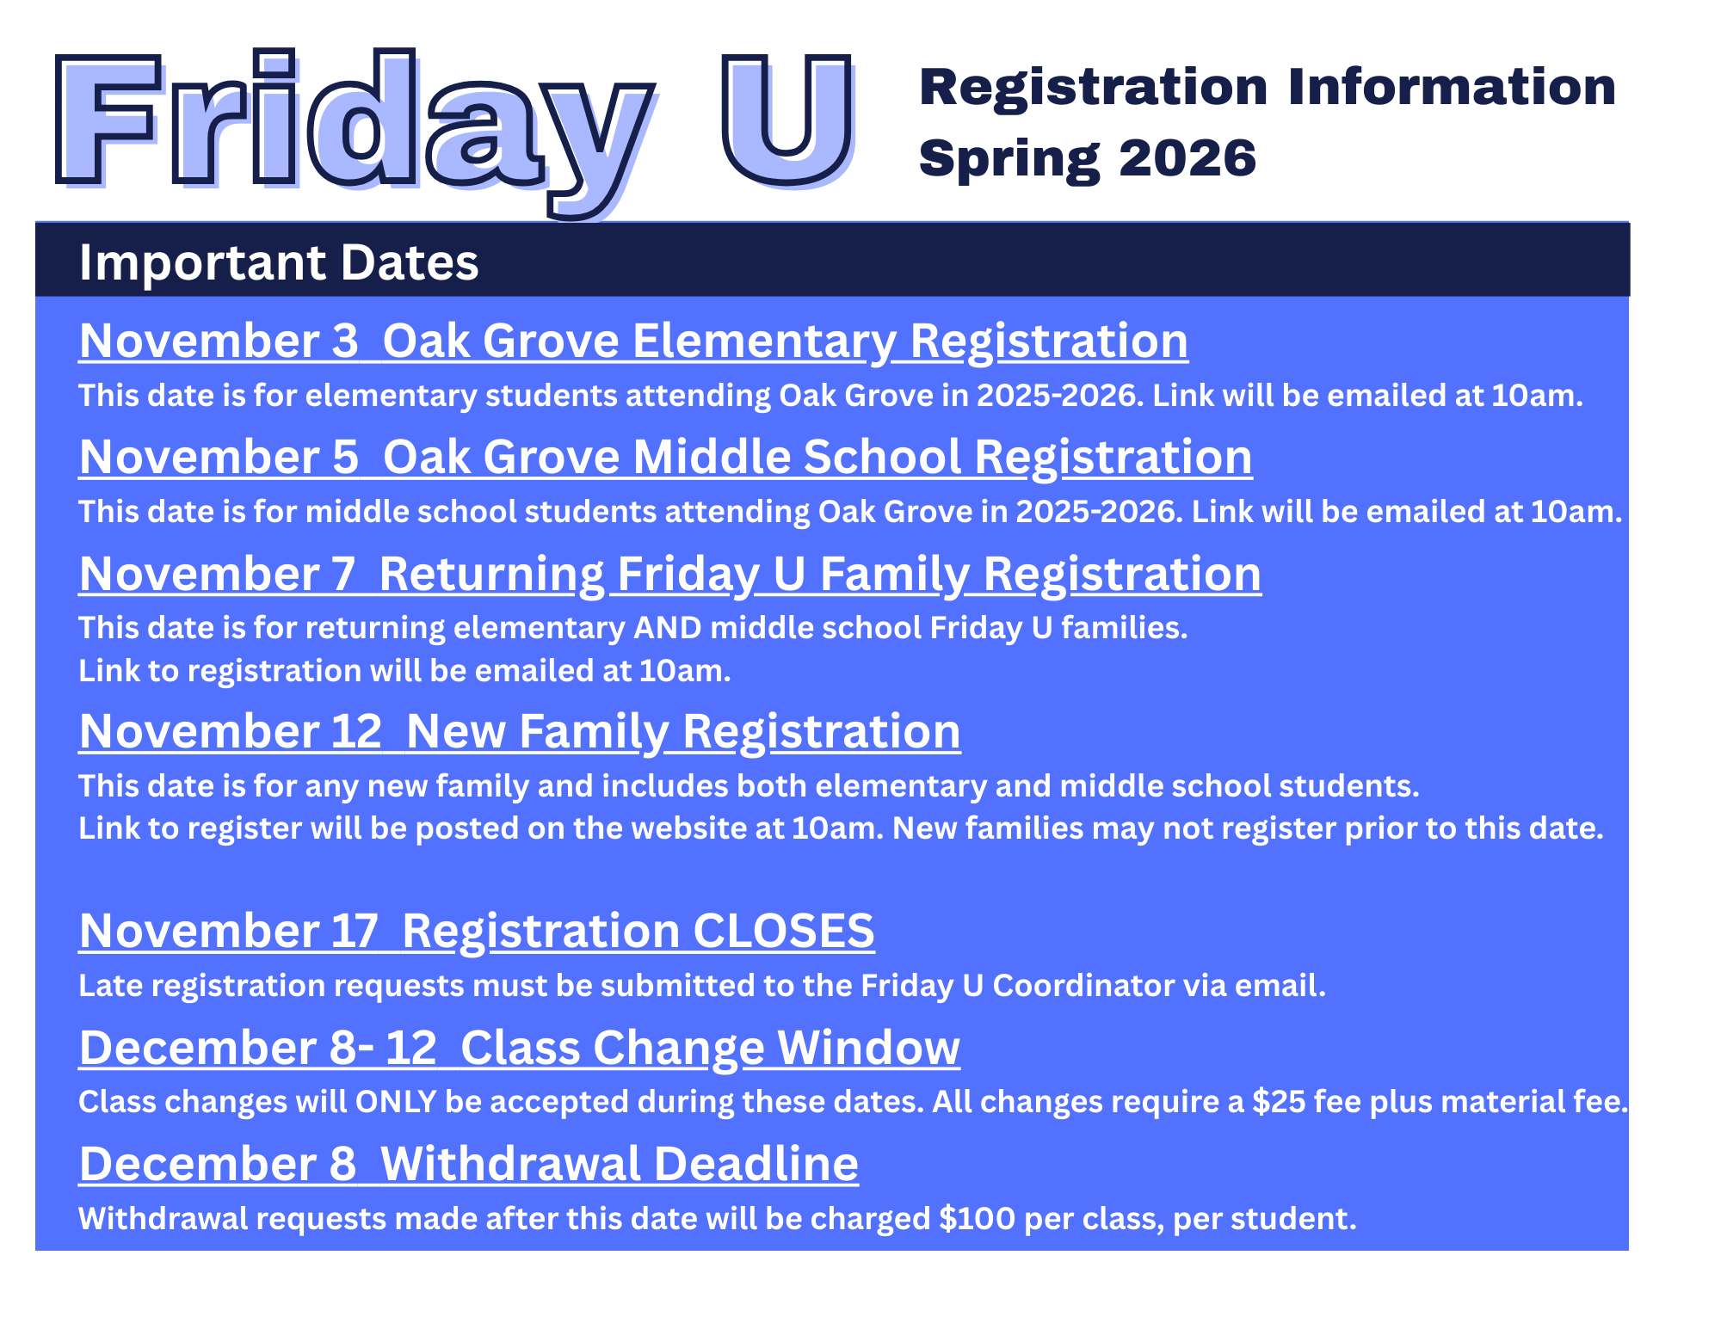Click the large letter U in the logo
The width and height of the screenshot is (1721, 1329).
787,120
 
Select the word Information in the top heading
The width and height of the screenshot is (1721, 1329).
1453,87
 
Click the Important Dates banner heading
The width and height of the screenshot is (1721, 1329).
279,262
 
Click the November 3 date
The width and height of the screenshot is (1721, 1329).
219,341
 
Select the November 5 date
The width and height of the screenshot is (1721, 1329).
219,457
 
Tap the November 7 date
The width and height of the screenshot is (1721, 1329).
217,574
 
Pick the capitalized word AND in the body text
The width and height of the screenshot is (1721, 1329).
668,628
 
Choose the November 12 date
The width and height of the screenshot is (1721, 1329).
230,732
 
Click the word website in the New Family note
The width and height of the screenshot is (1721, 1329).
707,828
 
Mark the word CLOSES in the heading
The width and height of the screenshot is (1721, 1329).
783,932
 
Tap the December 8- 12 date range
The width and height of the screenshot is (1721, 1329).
258,1049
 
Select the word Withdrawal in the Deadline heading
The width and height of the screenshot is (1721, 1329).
510,1165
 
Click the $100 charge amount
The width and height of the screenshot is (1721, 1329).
978,1219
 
